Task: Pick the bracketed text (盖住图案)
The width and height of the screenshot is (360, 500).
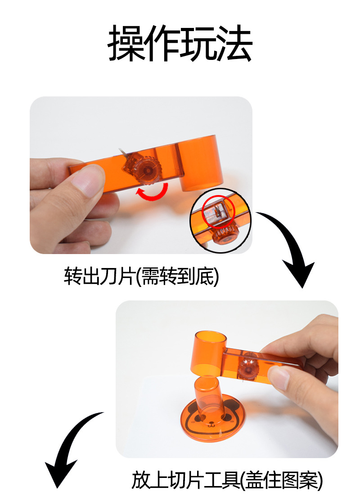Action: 282,480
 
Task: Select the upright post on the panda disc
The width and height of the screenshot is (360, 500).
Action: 208,396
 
